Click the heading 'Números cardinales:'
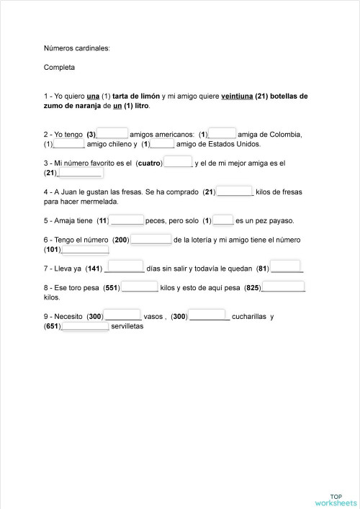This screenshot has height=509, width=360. [x=76, y=49]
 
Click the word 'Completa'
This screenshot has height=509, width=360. [x=59, y=68]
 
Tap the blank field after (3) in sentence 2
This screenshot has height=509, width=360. [x=112, y=133]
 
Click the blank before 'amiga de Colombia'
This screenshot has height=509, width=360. [x=222, y=133]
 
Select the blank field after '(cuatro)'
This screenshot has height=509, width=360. [x=179, y=163]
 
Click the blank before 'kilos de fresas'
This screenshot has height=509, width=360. [x=235, y=192]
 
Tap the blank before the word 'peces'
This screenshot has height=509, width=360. [x=128, y=220]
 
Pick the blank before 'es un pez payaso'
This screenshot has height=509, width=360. [x=223, y=220]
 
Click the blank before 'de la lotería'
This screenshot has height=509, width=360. [x=151, y=239]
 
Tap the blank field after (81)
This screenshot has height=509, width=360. [x=287, y=269]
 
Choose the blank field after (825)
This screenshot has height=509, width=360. [x=284, y=287]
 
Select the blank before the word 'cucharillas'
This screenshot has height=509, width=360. [x=210, y=316]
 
